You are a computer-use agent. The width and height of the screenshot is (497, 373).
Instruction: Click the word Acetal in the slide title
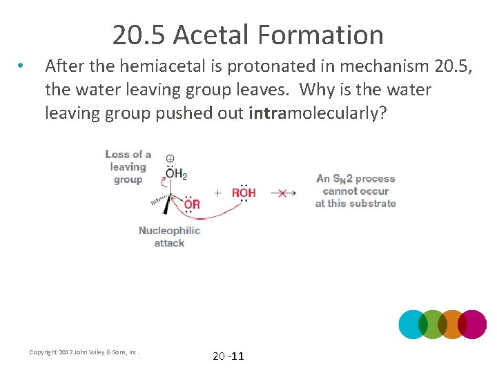[212, 35]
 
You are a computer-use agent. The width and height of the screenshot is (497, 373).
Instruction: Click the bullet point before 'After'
[22, 66]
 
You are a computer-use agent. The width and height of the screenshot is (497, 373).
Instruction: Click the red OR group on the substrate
[192, 204]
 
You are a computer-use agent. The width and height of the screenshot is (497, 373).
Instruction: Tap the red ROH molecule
[244, 193]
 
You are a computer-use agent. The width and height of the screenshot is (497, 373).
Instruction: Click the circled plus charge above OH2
[170, 158]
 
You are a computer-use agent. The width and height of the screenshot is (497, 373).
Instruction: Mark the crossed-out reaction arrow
[282, 193]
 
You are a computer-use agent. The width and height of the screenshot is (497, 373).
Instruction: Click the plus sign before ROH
[218, 193]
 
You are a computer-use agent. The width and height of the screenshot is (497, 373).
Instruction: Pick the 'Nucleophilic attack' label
[169, 236]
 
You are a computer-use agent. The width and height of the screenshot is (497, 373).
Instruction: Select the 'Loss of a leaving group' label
[128, 166]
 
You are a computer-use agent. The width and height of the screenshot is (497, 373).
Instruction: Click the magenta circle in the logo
[472, 324]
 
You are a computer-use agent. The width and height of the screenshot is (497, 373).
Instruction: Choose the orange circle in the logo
[452, 324]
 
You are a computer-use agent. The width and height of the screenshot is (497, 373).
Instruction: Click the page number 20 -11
[228, 356]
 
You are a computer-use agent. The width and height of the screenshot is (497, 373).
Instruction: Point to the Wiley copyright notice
[84, 352]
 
